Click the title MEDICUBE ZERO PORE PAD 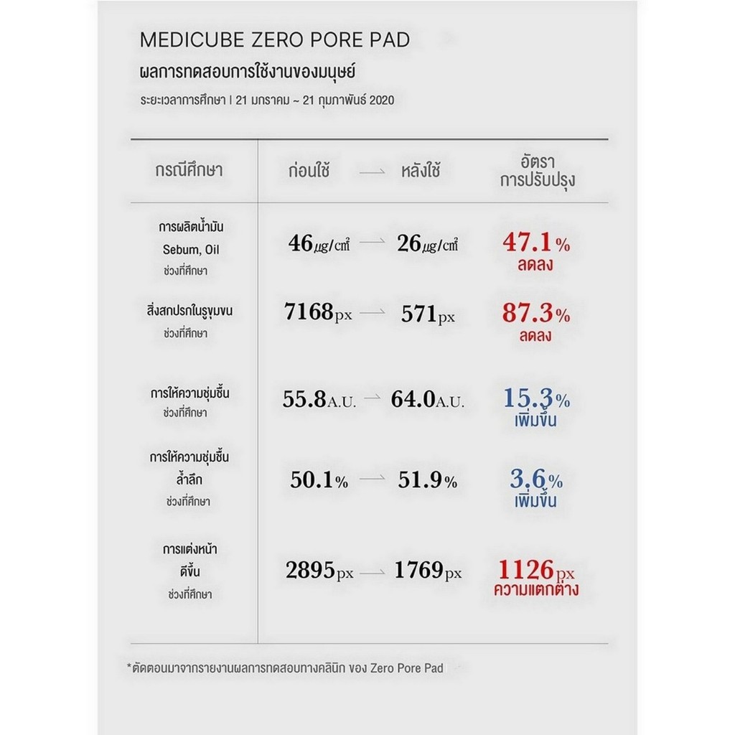[274, 40]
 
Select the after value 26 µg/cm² [427, 244]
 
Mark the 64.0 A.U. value [427, 401]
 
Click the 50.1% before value [319, 481]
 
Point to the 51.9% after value [427, 481]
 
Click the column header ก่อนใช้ [309, 172]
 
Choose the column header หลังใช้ [421, 172]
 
